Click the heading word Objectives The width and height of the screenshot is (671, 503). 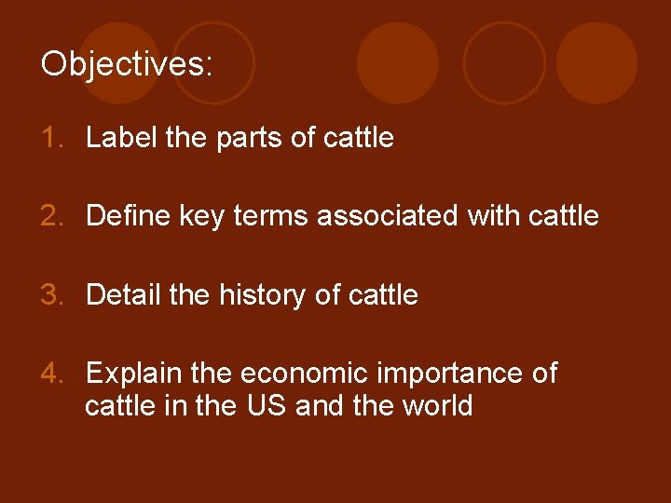(x=126, y=64)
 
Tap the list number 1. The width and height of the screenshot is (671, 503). (x=51, y=139)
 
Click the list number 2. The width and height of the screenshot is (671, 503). (x=51, y=217)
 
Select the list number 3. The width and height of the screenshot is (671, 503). (x=51, y=295)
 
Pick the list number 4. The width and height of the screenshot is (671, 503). (x=51, y=374)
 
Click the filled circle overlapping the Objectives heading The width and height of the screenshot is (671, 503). (x=119, y=62)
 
